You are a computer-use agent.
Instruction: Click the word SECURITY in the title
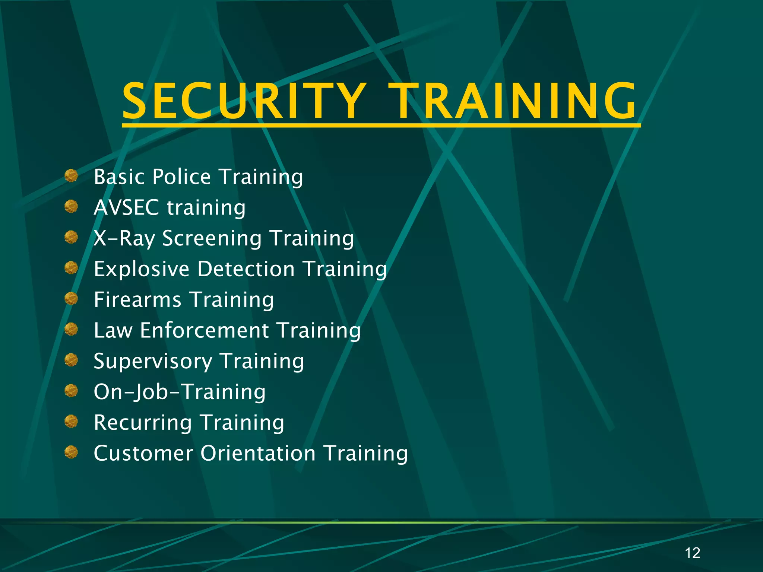244,101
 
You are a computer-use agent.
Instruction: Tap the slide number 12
692,553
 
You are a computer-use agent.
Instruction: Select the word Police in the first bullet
181,177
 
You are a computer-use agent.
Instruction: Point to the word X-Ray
124,238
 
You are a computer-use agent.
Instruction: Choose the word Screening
212,238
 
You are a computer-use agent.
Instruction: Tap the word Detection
246,269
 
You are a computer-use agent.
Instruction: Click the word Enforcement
204,330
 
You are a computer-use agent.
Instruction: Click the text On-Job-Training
180,392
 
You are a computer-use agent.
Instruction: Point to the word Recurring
143,423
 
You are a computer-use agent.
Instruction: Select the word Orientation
258,454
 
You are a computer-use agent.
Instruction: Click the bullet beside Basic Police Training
71,175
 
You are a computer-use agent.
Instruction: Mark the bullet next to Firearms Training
71,298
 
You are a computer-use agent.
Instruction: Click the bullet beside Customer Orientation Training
71,452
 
